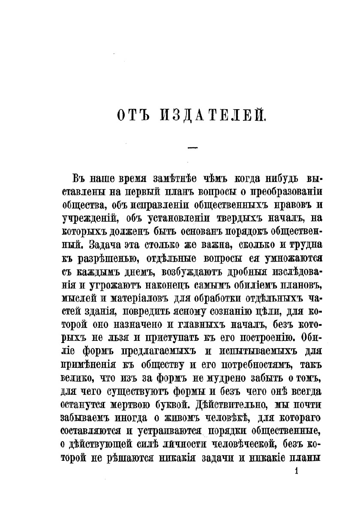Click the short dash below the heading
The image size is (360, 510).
point(192,148)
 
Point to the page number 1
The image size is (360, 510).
point(296,472)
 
